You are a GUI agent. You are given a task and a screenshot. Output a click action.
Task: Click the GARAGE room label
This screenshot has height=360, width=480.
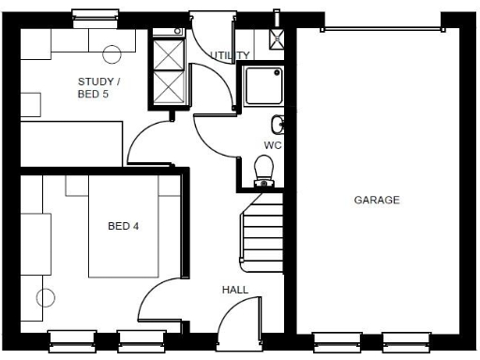pyautogui.click(x=377, y=200)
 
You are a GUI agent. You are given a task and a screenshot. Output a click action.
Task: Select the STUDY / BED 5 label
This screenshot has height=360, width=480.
pyautogui.click(x=98, y=87)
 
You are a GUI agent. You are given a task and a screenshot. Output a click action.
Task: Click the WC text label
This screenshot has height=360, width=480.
pyautogui.click(x=272, y=145)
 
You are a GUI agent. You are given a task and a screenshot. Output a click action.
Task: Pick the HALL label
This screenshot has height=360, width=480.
pyautogui.click(x=235, y=290)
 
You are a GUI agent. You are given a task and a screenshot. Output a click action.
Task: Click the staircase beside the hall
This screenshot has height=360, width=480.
pyautogui.click(x=262, y=234)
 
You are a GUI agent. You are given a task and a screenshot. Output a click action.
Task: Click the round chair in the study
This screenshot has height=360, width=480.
pyautogui.click(x=111, y=53)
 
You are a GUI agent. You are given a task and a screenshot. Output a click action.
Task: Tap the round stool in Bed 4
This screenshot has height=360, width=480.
pyautogui.click(x=44, y=299)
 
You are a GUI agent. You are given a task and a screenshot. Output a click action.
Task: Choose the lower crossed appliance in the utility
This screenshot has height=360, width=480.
pyautogui.click(x=168, y=86)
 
